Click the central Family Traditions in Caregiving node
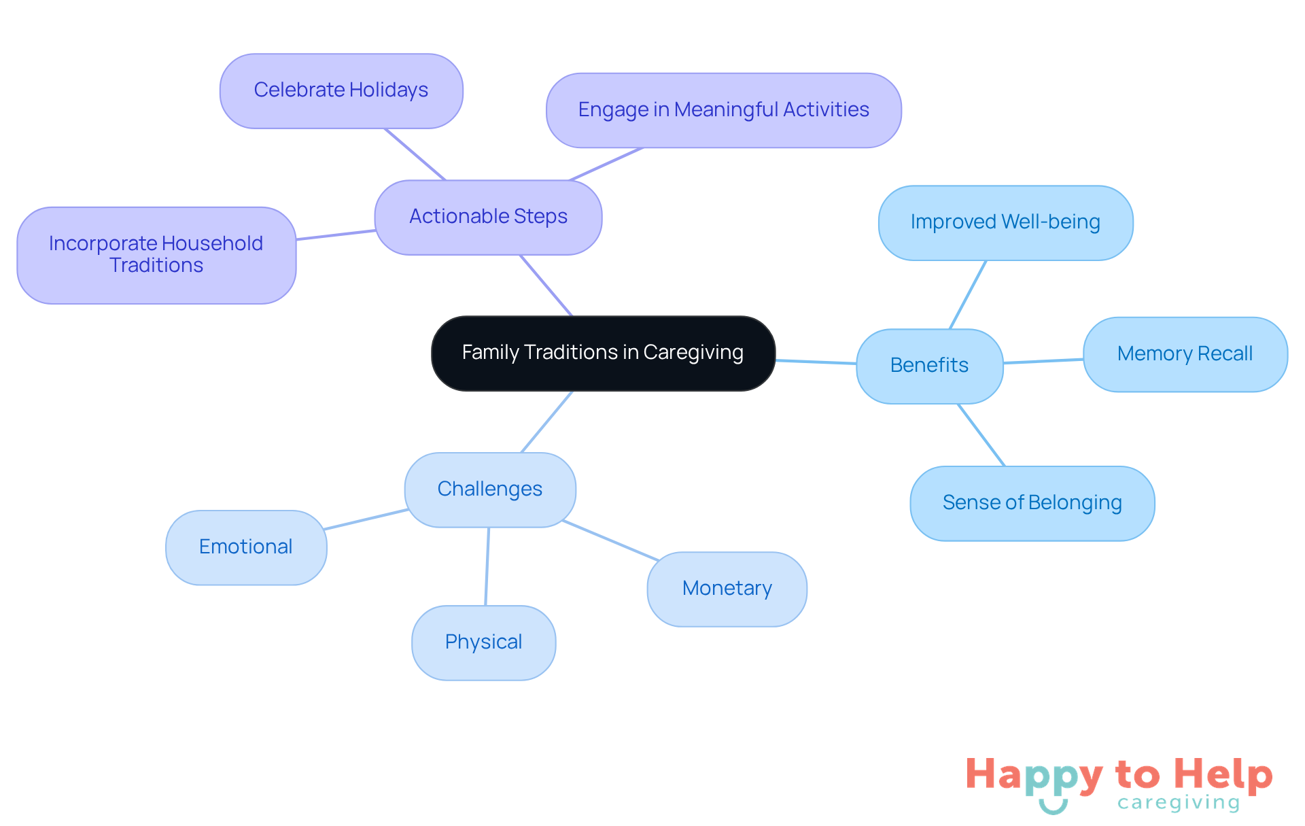(x=603, y=353)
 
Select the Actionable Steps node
(x=488, y=217)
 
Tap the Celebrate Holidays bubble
(x=341, y=90)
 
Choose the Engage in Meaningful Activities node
(x=723, y=110)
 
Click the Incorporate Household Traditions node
(x=156, y=255)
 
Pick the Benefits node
(x=929, y=366)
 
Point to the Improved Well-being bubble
(x=1005, y=222)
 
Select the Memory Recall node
(x=1185, y=354)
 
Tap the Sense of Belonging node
(x=1032, y=503)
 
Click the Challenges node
(x=489, y=489)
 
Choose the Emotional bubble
(x=246, y=547)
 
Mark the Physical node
(x=483, y=642)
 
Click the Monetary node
(x=727, y=589)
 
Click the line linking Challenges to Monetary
(x=610, y=540)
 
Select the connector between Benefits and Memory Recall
(x=1043, y=361)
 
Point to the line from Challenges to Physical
(x=487, y=566)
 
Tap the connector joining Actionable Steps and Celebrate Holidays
(x=415, y=154)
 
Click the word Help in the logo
(x=1223, y=775)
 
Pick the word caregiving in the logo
(x=1179, y=804)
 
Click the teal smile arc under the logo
(x=1053, y=809)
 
